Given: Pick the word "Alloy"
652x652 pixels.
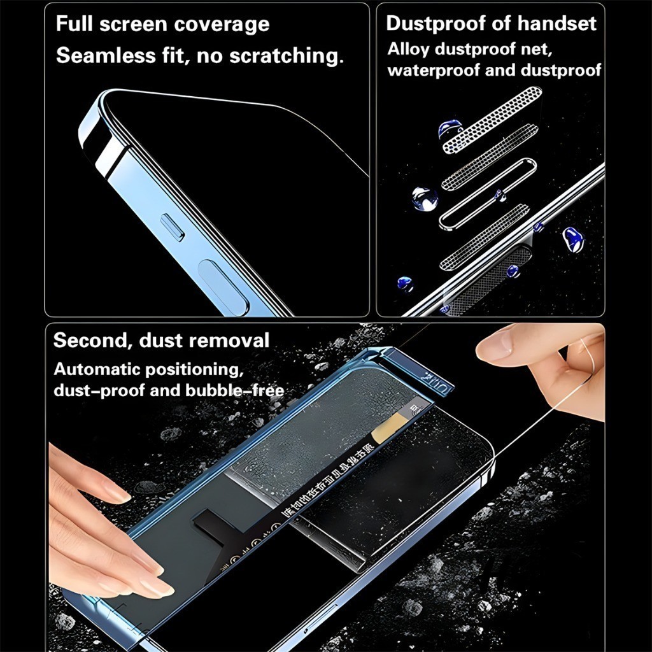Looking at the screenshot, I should point(407,48).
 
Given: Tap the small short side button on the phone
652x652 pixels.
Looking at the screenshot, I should point(172,228).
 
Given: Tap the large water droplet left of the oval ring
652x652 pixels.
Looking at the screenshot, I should point(425,199).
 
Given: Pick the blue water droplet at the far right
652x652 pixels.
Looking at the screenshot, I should point(572,240).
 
